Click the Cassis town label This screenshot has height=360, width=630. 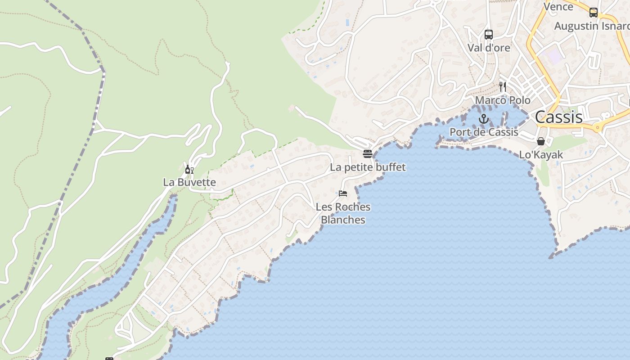[558, 117]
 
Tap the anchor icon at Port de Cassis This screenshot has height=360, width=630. [484, 119]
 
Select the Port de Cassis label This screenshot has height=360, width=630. [484, 132]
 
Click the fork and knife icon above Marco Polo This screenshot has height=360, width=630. [503, 86]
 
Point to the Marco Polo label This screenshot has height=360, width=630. [503, 100]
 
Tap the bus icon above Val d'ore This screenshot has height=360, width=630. [489, 34]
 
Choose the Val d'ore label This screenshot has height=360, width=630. [489, 48]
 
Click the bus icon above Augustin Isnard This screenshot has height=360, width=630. [594, 13]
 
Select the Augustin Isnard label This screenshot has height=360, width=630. [592, 26]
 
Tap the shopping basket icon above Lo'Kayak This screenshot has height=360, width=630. [541, 141]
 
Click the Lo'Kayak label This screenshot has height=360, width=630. [541, 155]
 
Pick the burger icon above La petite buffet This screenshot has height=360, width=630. [368, 154]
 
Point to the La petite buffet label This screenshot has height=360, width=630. [368, 167]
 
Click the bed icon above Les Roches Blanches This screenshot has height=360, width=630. [343, 193]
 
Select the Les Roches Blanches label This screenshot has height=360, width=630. [343, 213]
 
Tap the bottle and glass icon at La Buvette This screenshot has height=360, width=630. [189, 169]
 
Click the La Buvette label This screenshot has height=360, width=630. [189, 182]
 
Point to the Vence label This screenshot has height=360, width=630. [558, 7]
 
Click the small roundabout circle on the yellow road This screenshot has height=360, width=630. [598, 128]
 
